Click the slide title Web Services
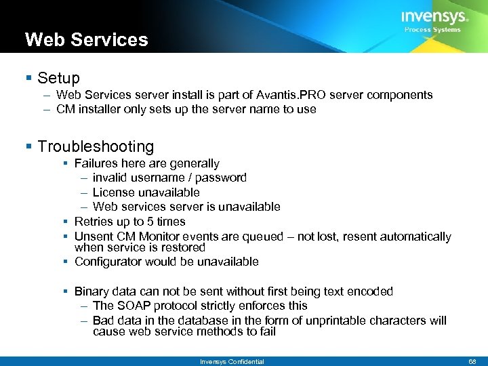86,39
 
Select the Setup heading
59,78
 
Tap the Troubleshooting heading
96,146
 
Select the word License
113,192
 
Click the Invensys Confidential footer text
232,362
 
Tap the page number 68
472,362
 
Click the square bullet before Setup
28,79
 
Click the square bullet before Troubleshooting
28,146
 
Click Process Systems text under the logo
432,30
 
